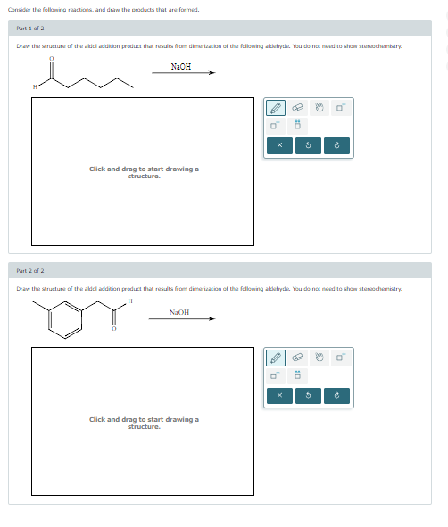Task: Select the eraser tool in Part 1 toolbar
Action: (x=299, y=109)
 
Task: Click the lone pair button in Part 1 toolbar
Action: (x=299, y=125)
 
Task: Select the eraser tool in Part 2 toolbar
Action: (x=299, y=358)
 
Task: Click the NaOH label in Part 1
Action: (x=181, y=66)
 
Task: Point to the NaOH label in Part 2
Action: (x=179, y=312)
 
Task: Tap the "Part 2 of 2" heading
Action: (x=31, y=270)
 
